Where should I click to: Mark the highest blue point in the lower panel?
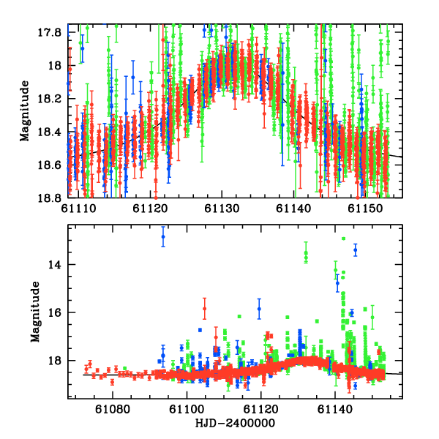point(163,236)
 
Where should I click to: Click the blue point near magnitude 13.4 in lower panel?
point(355,249)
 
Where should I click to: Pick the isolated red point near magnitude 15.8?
point(204,309)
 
